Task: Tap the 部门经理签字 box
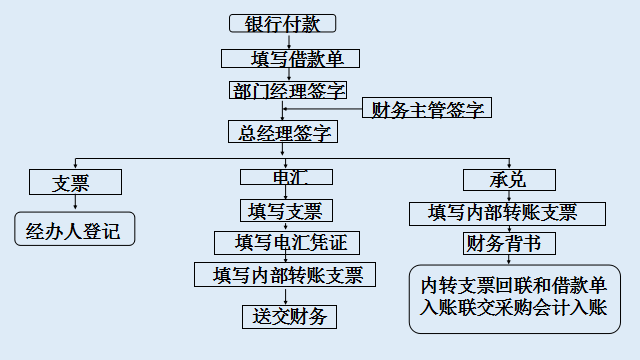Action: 288,91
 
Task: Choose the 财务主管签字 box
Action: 427,109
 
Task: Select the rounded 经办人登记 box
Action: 73,230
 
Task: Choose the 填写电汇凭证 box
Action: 287,243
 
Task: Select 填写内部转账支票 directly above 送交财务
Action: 287,275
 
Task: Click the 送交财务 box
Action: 289,317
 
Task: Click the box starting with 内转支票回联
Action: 514,298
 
